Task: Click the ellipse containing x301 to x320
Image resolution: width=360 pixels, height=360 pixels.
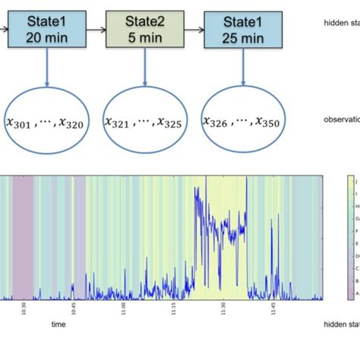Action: click(48, 121)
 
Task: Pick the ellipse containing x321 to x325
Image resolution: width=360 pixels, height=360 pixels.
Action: click(144, 121)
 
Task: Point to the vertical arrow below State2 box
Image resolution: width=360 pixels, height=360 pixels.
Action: click(144, 68)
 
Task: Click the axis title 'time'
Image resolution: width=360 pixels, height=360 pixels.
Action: click(58, 324)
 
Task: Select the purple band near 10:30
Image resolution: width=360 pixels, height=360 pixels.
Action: click(23, 235)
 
